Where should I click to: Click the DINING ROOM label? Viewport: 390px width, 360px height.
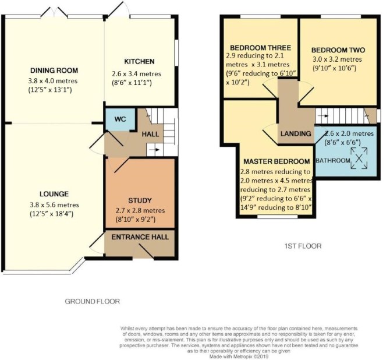[x=54, y=70]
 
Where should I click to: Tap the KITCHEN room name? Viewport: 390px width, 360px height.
[x=139, y=62]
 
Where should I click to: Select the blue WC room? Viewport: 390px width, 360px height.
[x=120, y=119]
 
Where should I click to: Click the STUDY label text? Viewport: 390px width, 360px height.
[x=140, y=200]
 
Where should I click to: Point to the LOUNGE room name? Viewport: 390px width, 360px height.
[x=54, y=194]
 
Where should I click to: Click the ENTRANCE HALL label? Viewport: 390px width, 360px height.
[x=140, y=237]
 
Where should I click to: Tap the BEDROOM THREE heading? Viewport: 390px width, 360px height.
[x=260, y=48]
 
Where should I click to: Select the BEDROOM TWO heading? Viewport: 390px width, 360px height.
[x=338, y=50]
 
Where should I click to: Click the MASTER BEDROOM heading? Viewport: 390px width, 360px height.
[x=276, y=161]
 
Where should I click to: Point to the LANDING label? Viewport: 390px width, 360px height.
[x=296, y=134]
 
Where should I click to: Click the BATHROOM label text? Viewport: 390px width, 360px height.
[x=333, y=161]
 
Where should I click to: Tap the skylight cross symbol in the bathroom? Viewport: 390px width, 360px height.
[x=359, y=158]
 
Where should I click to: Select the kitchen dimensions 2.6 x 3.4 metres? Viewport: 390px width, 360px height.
[x=136, y=74]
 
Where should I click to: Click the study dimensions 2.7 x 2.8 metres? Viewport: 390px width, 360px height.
[x=140, y=211]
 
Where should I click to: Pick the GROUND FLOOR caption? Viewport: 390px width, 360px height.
[x=93, y=302]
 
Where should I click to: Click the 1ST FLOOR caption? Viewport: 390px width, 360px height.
[x=303, y=246]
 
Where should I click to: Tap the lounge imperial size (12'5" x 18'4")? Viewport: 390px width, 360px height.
[x=51, y=214]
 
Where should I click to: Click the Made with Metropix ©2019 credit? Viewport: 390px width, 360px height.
[x=239, y=357]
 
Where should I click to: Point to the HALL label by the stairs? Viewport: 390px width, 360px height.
[x=150, y=135]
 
